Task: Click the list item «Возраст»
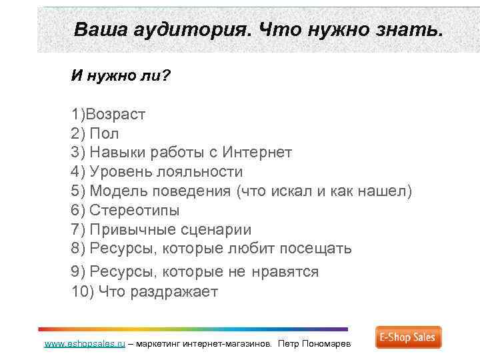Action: [x=120, y=114]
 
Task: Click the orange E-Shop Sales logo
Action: [x=408, y=337]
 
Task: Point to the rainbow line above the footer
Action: [x=193, y=329]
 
